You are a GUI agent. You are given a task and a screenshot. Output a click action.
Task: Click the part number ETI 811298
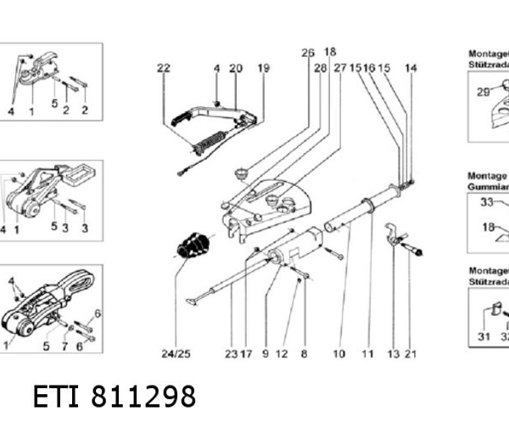click(115, 397)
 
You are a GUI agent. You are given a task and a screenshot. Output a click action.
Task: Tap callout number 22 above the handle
click(163, 68)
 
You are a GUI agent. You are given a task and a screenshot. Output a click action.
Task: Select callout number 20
click(236, 68)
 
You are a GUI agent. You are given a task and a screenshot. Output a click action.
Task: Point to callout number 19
click(263, 68)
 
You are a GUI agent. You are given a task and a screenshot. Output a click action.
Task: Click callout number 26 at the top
click(307, 53)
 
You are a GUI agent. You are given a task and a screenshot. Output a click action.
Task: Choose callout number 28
click(320, 66)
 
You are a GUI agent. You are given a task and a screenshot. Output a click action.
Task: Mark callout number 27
click(340, 66)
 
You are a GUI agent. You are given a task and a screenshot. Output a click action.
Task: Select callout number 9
click(266, 352)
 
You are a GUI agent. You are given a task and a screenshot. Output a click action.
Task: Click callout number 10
click(338, 352)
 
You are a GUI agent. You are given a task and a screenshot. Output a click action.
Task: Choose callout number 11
click(367, 352)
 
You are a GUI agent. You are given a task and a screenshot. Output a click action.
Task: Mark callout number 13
click(393, 352)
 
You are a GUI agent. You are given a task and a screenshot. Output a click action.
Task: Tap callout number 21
click(411, 352)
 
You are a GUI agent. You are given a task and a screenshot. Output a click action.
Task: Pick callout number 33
click(487, 202)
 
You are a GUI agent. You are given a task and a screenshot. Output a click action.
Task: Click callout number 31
click(484, 336)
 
